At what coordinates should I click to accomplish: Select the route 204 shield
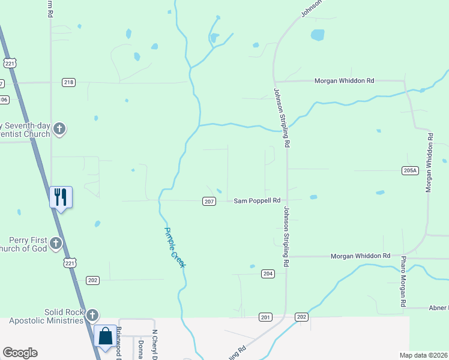(x=268, y=274)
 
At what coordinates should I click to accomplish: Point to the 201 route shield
(x=265, y=316)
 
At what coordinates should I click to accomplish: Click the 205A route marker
(x=409, y=170)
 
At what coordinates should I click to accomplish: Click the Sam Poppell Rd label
(x=257, y=201)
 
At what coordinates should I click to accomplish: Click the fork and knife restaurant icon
(x=61, y=197)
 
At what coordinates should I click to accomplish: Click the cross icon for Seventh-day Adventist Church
(x=59, y=128)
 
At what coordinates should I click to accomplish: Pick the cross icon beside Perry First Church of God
(x=56, y=243)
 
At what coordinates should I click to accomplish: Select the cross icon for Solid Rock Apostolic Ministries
(x=92, y=314)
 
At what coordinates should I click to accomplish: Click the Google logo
(x=20, y=353)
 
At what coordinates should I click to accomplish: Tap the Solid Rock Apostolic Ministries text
(x=46, y=316)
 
